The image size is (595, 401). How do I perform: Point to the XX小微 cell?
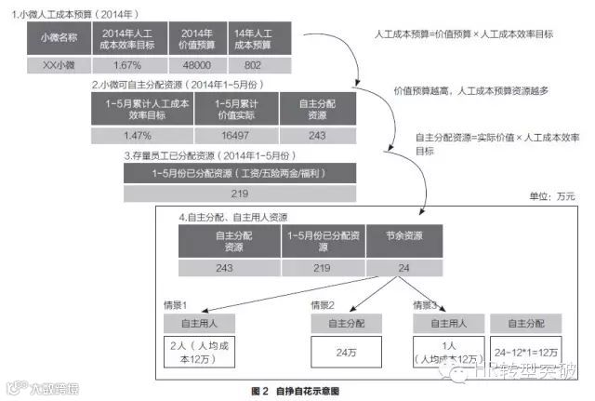point(51,67)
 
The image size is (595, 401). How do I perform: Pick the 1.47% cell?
point(137,136)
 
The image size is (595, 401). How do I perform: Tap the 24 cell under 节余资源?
point(404,268)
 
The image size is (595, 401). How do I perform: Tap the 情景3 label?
point(425,304)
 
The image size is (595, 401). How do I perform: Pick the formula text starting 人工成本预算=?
point(476,33)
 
